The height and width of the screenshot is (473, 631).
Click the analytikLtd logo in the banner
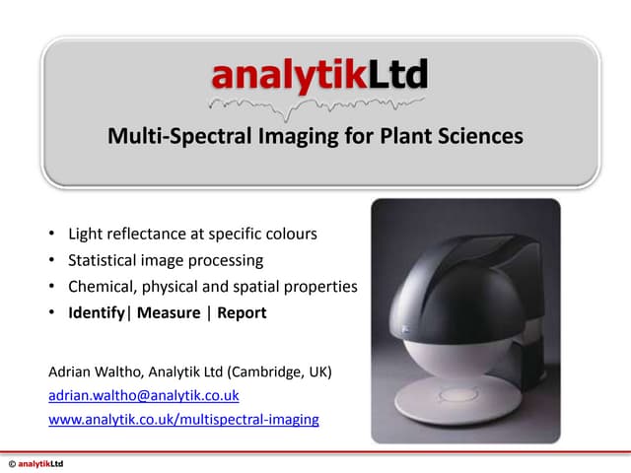coord(319,74)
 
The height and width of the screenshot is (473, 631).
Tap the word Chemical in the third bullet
coord(103,287)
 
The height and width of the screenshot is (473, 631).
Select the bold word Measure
coord(171,313)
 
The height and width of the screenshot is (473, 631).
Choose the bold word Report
coord(242,313)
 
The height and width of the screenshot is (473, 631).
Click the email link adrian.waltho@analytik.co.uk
coord(144,395)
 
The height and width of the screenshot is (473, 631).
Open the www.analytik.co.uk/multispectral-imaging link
coord(183,419)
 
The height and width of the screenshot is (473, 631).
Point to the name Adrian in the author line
coord(71,372)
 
